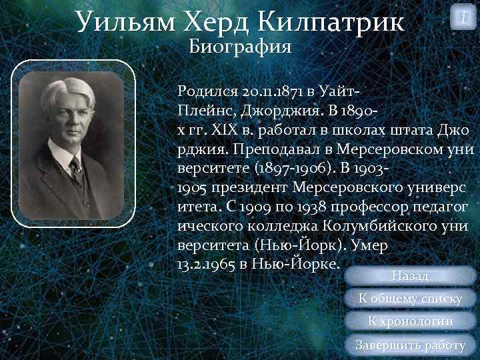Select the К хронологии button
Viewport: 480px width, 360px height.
coord(410,322)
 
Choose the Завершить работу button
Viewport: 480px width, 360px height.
coord(410,345)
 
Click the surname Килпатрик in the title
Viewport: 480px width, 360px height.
coord(337,22)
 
